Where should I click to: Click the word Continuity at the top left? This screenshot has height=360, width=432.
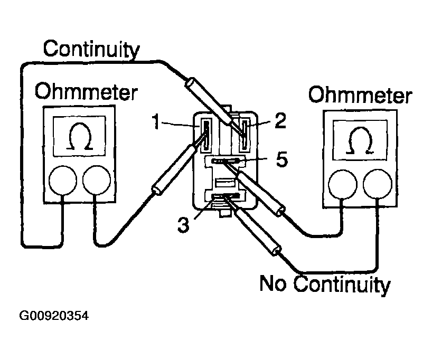pyautogui.click(x=91, y=50)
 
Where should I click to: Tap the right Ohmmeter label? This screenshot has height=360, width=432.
pyautogui.click(x=360, y=96)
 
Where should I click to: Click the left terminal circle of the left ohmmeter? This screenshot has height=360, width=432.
pyautogui.click(x=63, y=182)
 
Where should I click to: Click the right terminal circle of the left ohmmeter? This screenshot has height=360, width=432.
pyautogui.click(x=97, y=182)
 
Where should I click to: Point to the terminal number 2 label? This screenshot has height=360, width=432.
pyautogui.click(x=280, y=121)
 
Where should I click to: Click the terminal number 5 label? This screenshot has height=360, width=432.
pyautogui.click(x=282, y=159)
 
